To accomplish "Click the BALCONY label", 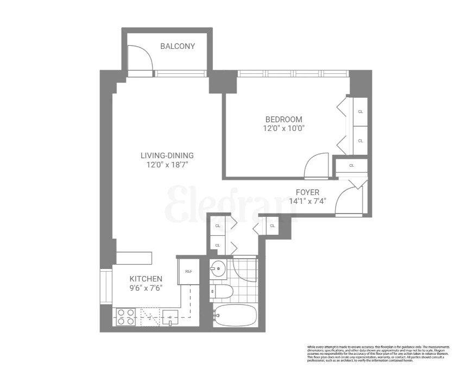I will click(x=177, y=46).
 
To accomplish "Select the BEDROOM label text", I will click(x=283, y=120).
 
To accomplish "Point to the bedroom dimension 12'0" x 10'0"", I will click(x=283, y=129).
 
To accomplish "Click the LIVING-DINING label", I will click(x=167, y=155).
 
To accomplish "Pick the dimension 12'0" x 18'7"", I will click(x=167, y=164).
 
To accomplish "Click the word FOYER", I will click(x=307, y=192).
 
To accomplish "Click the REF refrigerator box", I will click(x=188, y=271).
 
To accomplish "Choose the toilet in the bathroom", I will click(x=222, y=292).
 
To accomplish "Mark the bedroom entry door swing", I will click(x=316, y=165).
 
